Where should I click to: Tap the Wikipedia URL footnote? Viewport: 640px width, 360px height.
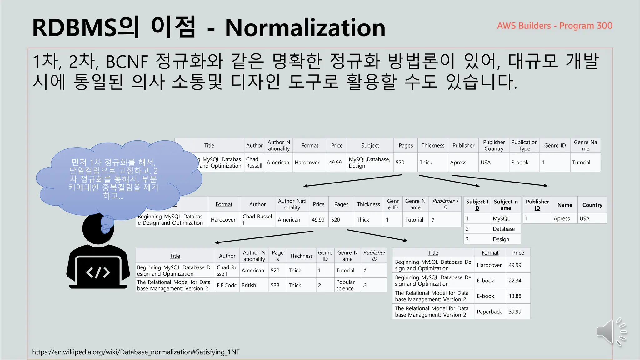[136, 352]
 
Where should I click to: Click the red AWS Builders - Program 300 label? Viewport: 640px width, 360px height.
[555, 26]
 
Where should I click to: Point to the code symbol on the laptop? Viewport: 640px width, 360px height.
[98, 272]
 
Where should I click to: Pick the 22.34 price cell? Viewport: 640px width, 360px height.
[515, 281]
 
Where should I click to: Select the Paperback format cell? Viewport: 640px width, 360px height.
[489, 312]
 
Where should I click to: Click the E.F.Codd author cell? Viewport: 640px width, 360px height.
[227, 285]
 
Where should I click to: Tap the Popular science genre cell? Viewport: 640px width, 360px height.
[345, 285]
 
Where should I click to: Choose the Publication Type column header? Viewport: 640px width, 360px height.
[524, 145]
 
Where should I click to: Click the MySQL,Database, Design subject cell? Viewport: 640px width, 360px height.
[370, 162]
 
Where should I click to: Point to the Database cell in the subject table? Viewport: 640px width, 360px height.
[504, 229]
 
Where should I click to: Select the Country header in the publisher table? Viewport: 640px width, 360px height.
[592, 205]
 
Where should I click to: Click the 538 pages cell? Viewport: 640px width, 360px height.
[275, 285]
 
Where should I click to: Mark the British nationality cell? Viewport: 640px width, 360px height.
[249, 285]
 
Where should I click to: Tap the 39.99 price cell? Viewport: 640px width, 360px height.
[515, 312]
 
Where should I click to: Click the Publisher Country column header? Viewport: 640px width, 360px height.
[494, 145]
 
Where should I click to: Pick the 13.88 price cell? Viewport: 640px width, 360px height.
[515, 296]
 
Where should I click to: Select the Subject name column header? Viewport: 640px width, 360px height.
[506, 205]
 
